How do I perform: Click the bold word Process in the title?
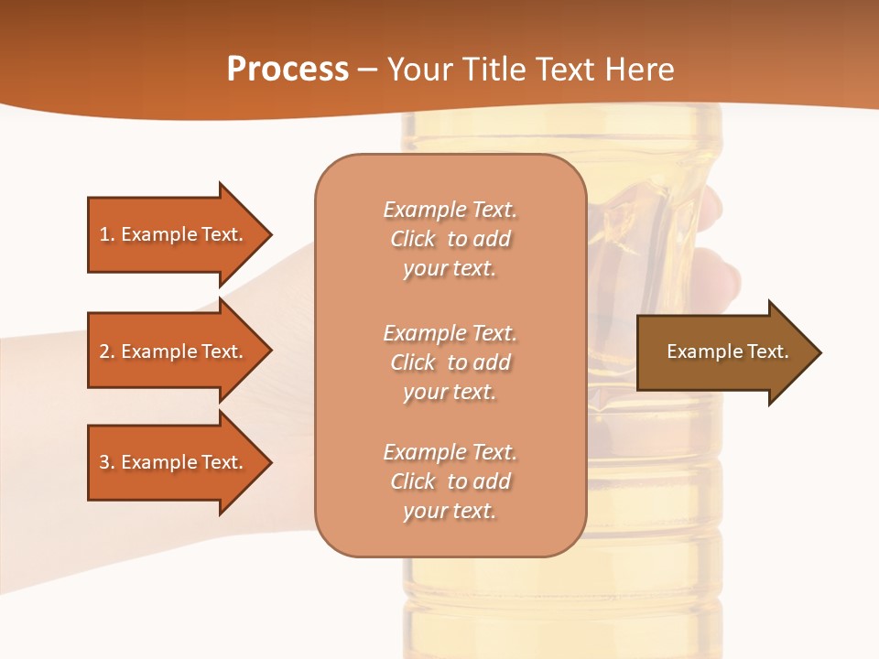tap(288, 70)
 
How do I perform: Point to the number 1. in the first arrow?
tap(106, 234)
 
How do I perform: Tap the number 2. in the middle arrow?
tap(106, 351)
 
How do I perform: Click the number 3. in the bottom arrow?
tap(106, 462)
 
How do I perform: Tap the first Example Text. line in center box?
tap(450, 210)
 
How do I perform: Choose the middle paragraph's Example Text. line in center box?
tap(450, 333)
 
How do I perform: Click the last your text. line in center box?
tap(450, 511)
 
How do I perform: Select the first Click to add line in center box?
tap(450, 239)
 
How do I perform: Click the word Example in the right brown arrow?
tap(698, 351)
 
